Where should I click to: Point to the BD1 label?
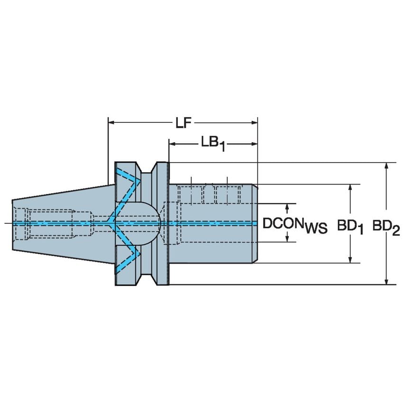coord(350,226)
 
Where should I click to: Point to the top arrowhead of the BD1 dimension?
coord(350,188)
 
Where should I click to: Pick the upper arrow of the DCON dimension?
coord(287,208)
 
